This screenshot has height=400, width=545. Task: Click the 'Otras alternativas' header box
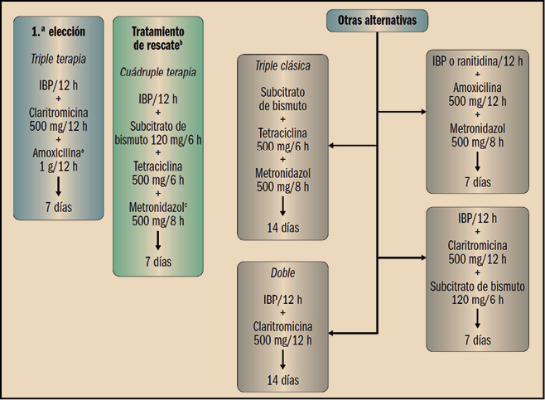click(376, 20)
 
